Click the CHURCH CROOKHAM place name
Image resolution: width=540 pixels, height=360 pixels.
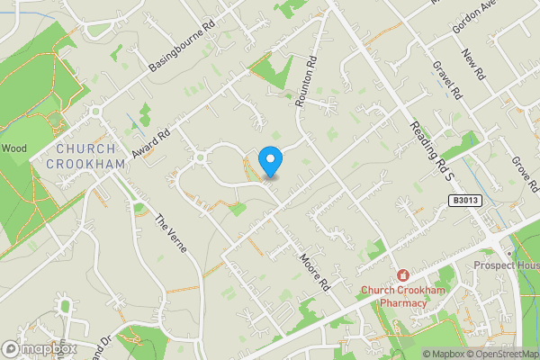tap(85, 157)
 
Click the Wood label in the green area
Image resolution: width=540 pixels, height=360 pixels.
tap(14, 148)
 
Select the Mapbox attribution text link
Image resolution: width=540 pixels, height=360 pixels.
tap(441, 354)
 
